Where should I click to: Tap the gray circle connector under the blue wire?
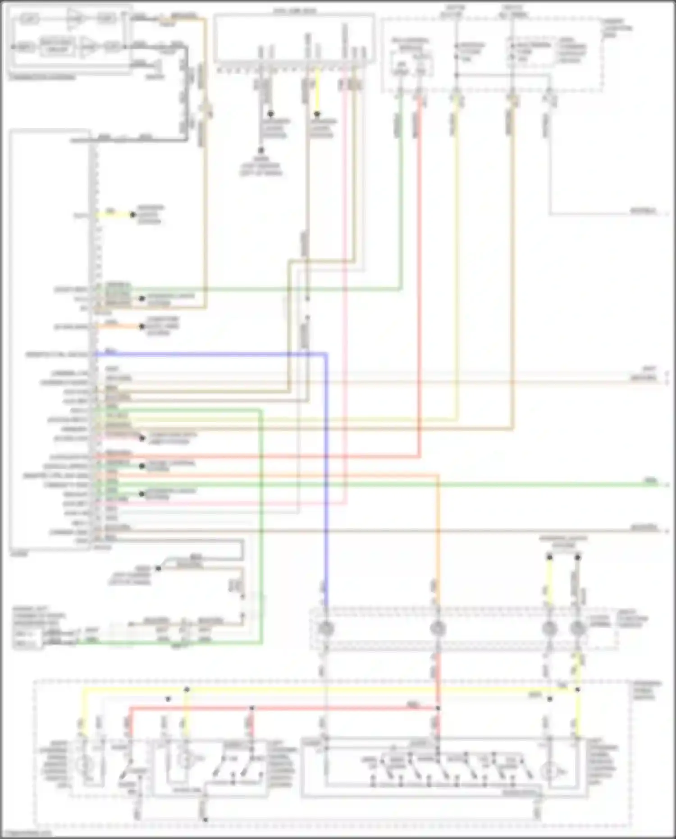coord(325,628)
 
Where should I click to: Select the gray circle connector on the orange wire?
coord(437,628)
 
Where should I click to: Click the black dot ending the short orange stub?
coord(142,326)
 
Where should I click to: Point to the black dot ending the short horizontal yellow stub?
coord(132,215)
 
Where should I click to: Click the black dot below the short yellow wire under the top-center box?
coord(317,114)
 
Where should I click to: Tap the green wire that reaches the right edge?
coord(406,485)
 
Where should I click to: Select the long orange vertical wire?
coord(437,541)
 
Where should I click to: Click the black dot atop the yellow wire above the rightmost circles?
coord(549,558)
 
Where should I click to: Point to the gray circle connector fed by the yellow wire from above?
coord(549,628)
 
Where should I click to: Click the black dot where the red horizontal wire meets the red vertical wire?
coord(438,708)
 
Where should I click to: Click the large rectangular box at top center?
coord(294,38)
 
